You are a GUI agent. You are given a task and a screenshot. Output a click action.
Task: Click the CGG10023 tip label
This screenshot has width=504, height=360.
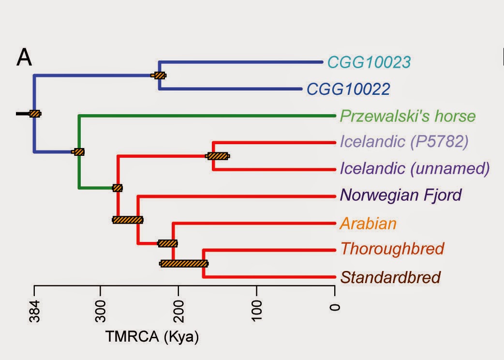pyautogui.click(x=369, y=62)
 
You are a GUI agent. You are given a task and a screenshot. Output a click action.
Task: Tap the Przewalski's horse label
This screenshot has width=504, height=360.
pyautogui.click(x=408, y=117)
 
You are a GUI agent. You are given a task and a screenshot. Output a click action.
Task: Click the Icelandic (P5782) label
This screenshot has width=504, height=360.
pyautogui.click(x=404, y=142)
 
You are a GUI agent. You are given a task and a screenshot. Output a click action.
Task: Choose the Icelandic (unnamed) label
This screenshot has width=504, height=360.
pyautogui.click(x=415, y=168)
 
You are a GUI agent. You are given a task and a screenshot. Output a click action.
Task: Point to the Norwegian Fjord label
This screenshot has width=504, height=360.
pyautogui.click(x=401, y=195)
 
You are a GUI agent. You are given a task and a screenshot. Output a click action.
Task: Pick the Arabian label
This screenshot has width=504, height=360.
pyautogui.click(x=368, y=223)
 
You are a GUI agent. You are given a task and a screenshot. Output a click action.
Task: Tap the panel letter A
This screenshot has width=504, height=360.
pyautogui.click(x=25, y=58)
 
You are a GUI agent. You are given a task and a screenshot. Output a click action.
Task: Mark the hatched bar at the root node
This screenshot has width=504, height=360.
pyautogui.click(x=35, y=114)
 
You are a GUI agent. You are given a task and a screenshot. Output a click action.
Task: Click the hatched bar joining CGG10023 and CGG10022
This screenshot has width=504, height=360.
pyautogui.click(x=159, y=75)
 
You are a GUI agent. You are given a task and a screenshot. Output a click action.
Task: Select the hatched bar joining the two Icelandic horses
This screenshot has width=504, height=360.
pyautogui.click(x=218, y=156)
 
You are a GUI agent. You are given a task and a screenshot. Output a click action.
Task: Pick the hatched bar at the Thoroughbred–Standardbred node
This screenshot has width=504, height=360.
pyautogui.click(x=184, y=264)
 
